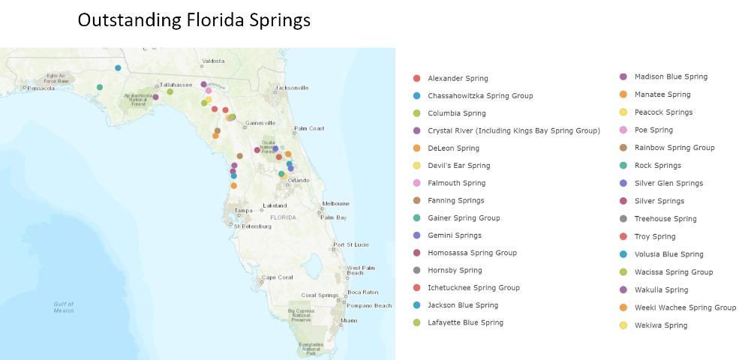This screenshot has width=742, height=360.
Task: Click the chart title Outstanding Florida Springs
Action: (194, 20)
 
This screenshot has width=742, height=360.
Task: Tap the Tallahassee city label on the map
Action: (175, 85)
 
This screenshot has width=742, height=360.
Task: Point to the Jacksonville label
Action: (292, 88)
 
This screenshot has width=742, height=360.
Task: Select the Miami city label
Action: (349, 320)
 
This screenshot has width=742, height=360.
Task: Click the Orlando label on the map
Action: (298, 180)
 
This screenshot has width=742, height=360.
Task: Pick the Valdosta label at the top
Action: (213, 61)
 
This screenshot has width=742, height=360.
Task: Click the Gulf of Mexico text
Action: (64, 307)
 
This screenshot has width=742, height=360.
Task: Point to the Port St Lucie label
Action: (351, 244)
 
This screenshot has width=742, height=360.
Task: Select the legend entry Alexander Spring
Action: (458, 78)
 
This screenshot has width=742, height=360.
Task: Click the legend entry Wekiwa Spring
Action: (660, 325)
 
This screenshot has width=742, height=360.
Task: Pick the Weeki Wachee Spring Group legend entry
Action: (685, 307)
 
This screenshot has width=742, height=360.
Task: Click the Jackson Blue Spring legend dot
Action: (416, 305)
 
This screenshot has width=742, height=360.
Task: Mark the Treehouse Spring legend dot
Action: (623, 219)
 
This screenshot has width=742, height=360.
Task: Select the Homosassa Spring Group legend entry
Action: (472, 253)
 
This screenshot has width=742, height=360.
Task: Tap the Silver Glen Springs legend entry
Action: (668, 183)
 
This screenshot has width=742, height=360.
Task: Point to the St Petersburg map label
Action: (252, 226)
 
